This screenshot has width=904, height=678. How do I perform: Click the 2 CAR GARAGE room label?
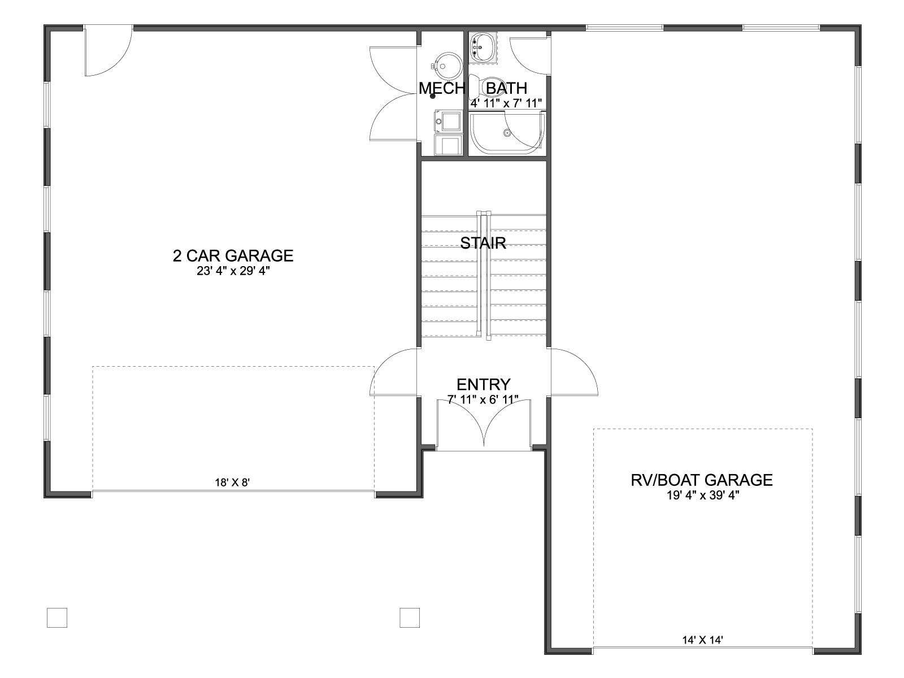233,255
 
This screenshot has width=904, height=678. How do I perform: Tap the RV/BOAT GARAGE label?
702,480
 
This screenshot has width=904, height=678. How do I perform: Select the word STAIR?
483,243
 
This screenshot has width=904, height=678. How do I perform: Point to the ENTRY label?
484,385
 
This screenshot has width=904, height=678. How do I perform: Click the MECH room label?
442,88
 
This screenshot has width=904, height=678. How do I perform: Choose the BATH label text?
507,88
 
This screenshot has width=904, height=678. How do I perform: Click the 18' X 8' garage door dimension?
232,483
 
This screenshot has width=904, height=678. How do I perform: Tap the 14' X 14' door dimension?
703,640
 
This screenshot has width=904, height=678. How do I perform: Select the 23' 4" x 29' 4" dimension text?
233,271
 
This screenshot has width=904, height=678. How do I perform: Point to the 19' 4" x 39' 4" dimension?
703,496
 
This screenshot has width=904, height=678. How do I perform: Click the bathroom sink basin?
483,47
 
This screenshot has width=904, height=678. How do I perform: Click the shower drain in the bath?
507,133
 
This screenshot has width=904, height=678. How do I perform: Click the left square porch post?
57,618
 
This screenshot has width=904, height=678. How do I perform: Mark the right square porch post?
410,618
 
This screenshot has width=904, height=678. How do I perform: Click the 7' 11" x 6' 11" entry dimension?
483,399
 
